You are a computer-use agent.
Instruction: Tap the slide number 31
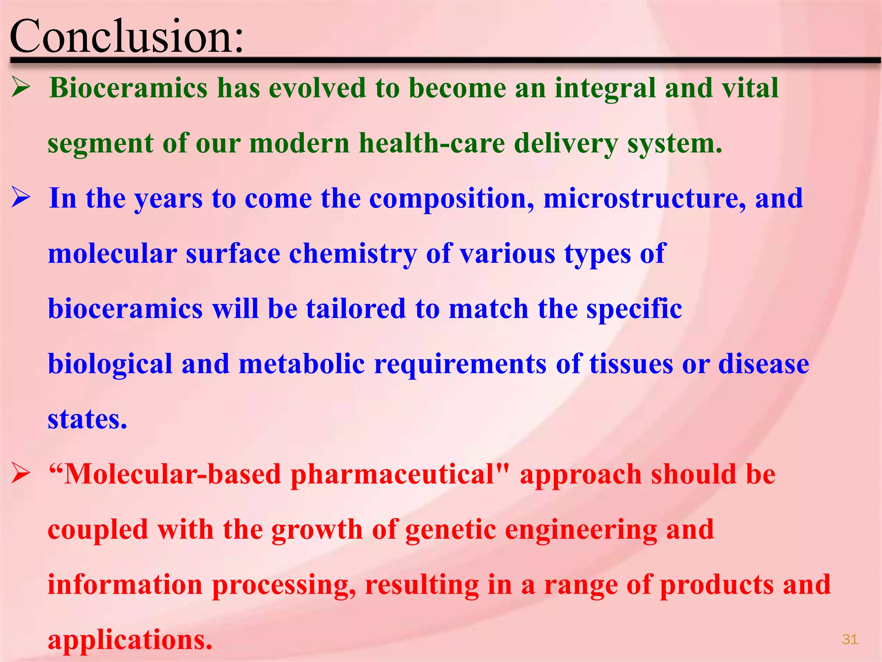click(x=850, y=639)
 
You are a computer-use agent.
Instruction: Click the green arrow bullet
click(x=20, y=87)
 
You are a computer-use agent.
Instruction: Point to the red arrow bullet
click(x=20, y=474)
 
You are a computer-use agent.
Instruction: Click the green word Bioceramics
click(x=129, y=88)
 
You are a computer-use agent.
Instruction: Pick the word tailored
click(x=356, y=309)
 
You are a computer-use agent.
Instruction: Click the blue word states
click(x=87, y=419)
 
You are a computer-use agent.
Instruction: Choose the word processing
click(x=284, y=585)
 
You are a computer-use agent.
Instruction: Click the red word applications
click(x=130, y=640)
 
